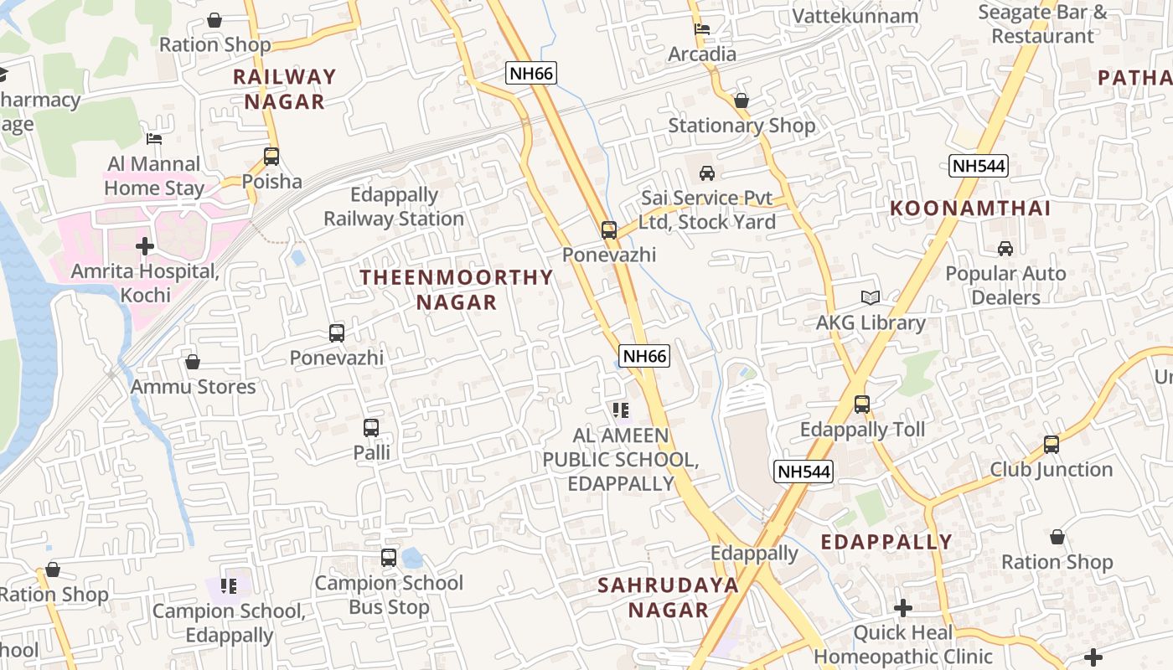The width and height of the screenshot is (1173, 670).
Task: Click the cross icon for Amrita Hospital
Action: point(145,246)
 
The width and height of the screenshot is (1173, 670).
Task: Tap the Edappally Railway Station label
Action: point(394,207)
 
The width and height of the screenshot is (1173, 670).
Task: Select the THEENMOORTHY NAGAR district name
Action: point(457,289)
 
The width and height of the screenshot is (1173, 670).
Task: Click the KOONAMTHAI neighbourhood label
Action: point(969,209)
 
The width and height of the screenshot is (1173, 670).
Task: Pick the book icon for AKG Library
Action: point(871,298)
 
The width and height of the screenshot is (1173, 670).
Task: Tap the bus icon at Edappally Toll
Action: point(862,405)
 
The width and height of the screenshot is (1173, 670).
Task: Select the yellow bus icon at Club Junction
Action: point(1052,445)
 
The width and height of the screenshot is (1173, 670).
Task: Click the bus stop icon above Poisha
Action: point(271,156)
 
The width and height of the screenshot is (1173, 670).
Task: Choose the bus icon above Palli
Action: point(371,428)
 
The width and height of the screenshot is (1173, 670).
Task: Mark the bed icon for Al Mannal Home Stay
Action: point(154,139)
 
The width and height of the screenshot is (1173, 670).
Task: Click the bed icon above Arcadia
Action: point(702,29)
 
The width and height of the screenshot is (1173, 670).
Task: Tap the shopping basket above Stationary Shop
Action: point(742,100)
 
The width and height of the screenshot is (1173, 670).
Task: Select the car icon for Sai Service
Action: point(707,173)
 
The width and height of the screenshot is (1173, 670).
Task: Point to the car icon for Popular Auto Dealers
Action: point(1005,249)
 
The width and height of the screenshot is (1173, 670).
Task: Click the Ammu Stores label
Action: point(194,387)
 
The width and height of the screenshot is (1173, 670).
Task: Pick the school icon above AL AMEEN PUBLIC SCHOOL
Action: point(620,410)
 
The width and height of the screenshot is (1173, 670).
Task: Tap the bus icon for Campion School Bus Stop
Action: point(389,557)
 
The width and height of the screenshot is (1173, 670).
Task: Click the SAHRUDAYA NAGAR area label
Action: point(668,597)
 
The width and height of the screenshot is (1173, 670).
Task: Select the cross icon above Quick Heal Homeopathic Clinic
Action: point(902,607)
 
